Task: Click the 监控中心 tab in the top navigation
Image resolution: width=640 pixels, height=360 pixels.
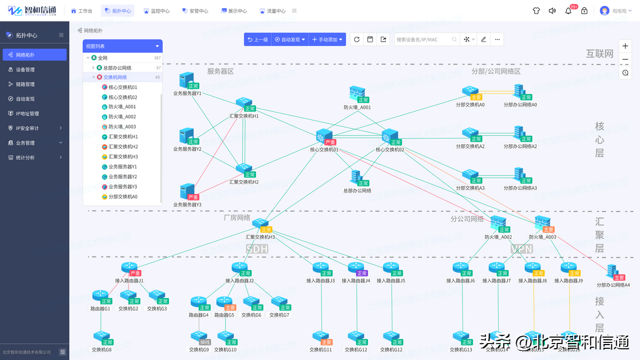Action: pyautogui.click(x=157, y=11)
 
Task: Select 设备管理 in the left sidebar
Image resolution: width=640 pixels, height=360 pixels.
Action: pyautogui.click(x=25, y=69)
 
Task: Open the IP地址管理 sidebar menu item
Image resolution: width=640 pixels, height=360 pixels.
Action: pyautogui.click(x=27, y=114)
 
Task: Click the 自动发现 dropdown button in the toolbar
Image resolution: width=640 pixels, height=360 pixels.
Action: pyautogui.click(x=290, y=39)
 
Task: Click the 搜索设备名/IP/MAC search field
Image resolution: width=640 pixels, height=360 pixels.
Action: pyautogui.click(x=424, y=39)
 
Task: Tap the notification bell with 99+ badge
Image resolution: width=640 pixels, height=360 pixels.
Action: pyautogui.click(x=568, y=11)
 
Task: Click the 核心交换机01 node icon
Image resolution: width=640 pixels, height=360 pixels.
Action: pyautogui.click(x=323, y=137)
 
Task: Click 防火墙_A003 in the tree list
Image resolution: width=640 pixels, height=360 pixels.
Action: pyautogui.click(x=122, y=127)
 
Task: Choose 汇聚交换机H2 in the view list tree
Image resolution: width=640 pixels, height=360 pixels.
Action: pyautogui.click(x=123, y=147)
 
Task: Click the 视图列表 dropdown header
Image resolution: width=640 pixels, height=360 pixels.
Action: pyautogui.click(x=123, y=46)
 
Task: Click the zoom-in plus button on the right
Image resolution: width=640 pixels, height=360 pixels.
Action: pyautogui.click(x=625, y=45)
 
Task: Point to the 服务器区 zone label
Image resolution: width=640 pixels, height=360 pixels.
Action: pyautogui.click(x=220, y=71)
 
